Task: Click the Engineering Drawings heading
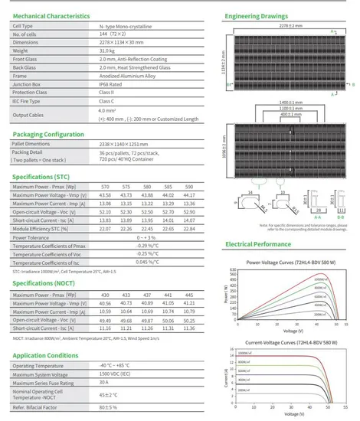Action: tap(256, 15)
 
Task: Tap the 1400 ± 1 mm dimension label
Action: tap(288, 101)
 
